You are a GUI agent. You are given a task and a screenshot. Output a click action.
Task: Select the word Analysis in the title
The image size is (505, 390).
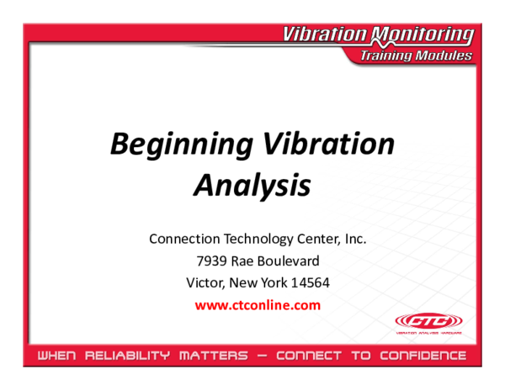click(x=252, y=185)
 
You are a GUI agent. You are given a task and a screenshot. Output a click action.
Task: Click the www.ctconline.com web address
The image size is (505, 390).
click(x=258, y=305)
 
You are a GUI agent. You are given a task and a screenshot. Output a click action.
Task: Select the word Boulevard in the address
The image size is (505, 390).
click(x=290, y=261)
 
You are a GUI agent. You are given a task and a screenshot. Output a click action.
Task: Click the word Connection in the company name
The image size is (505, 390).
click(x=182, y=239)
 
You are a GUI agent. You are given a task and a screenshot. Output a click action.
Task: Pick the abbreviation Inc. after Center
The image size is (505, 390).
click(x=354, y=239)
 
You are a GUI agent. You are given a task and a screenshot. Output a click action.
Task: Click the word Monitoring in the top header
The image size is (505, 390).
click(x=426, y=34)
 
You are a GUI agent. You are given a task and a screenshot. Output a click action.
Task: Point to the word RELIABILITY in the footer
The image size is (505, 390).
click(x=134, y=356)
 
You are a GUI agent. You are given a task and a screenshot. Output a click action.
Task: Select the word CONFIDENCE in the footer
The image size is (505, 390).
click(x=421, y=356)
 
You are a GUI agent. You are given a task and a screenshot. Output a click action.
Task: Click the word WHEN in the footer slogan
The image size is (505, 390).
click(x=56, y=356)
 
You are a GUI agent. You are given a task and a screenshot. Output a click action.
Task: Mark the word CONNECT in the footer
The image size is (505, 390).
click(x=310, y=356)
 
